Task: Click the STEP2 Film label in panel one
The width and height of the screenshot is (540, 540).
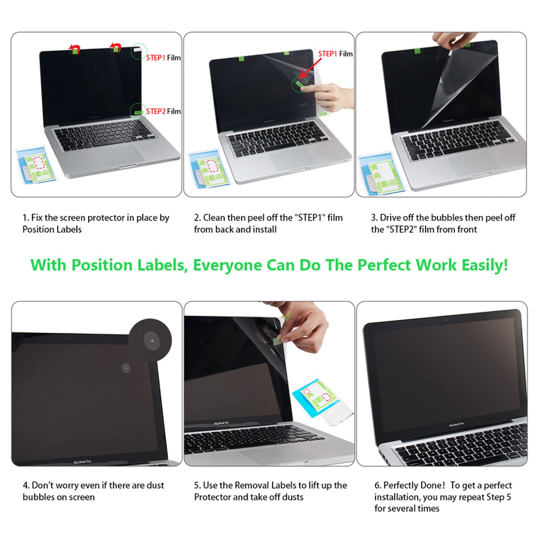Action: (x=163, y=111)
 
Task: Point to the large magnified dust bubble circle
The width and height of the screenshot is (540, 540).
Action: (x=150, y=340)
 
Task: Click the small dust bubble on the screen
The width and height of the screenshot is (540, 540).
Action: (x=126, y=368)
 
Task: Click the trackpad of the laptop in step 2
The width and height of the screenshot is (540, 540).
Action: (x=292, y=159)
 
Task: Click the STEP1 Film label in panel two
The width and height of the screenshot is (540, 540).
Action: (x=336, y=54)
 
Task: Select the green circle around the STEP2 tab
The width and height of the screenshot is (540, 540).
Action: (x=138, y=111)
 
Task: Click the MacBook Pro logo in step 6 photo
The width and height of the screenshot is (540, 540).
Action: (x=456, y=425)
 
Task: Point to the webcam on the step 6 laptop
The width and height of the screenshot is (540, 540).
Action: (x=447, y=320)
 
